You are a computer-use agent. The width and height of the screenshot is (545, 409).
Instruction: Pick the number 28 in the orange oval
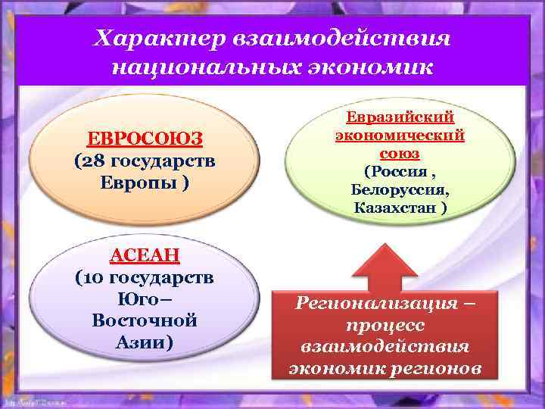point(92,161)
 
